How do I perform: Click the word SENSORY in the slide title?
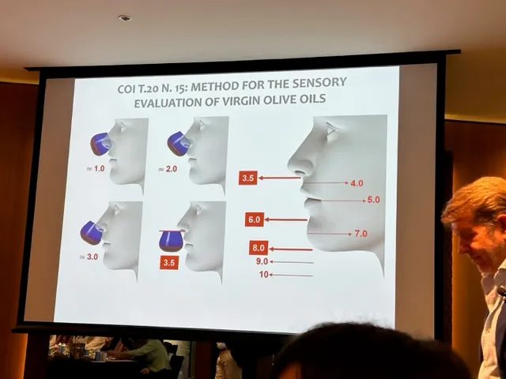point(319,83)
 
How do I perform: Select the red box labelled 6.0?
point(255,220)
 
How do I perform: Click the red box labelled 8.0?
point(259,248)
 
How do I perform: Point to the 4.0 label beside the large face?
point(357,183)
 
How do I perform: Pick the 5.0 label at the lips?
point(373,200)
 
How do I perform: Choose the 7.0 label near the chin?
point(361,234)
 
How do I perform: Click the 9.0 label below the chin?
point(262,261)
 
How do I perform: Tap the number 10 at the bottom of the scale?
point(263,275)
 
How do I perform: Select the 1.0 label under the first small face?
point(99,168)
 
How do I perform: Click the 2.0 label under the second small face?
point(172,169)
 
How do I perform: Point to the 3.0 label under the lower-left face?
point(93,257)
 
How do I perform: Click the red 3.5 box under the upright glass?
point(169,262)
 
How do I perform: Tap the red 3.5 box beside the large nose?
point(247,178)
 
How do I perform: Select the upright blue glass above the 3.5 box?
point(171,242)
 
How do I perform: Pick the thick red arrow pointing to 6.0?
point(286,220)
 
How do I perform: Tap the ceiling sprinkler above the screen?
point(125,18)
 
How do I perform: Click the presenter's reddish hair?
point(474,200)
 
